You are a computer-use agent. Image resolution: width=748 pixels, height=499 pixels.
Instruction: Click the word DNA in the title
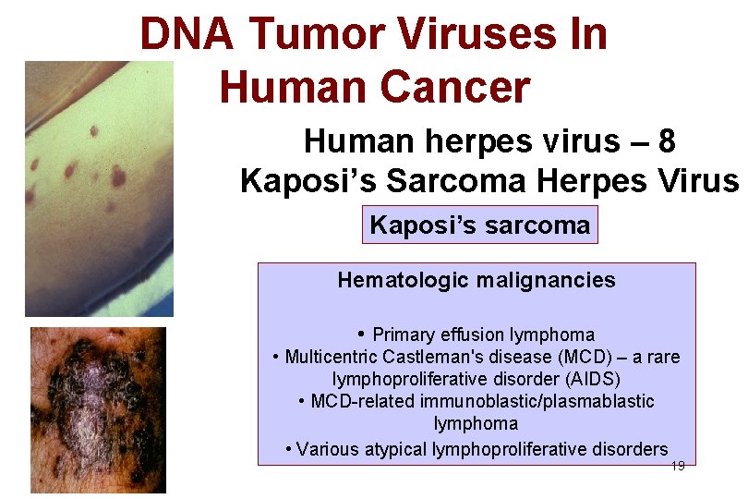click(187, 34)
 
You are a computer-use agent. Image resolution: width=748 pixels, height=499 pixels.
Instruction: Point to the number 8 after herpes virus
click(668, 141)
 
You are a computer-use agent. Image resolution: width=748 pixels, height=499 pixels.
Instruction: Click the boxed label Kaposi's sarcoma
click(479, 225)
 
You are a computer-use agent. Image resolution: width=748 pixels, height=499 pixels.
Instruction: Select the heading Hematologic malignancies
click(477, 280)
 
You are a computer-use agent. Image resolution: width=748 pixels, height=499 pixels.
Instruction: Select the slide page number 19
click(677, 467)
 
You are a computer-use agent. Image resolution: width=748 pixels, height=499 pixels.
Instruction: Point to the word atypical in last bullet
click(398, 449)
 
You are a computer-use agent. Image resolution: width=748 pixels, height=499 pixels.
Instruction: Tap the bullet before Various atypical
click(290, 449)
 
